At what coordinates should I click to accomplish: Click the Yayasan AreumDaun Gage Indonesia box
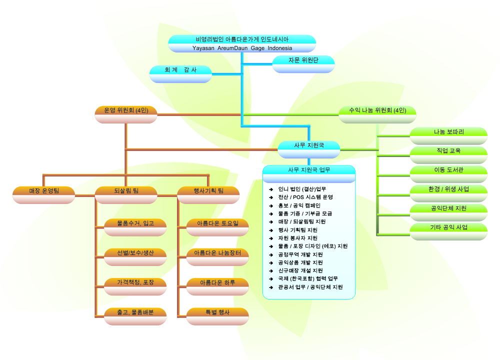(242, 43)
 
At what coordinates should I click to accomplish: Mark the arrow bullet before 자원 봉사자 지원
(270, 238)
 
